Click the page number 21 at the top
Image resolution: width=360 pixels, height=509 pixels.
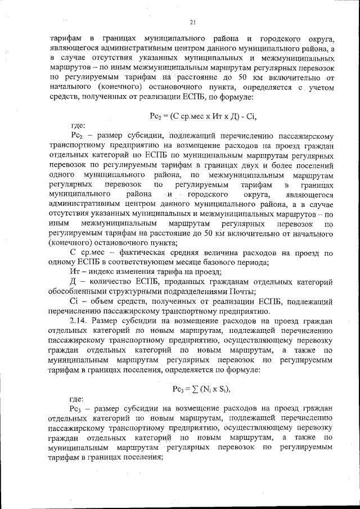[192, 22]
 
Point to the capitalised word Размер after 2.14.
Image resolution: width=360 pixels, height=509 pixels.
[109, 320]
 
